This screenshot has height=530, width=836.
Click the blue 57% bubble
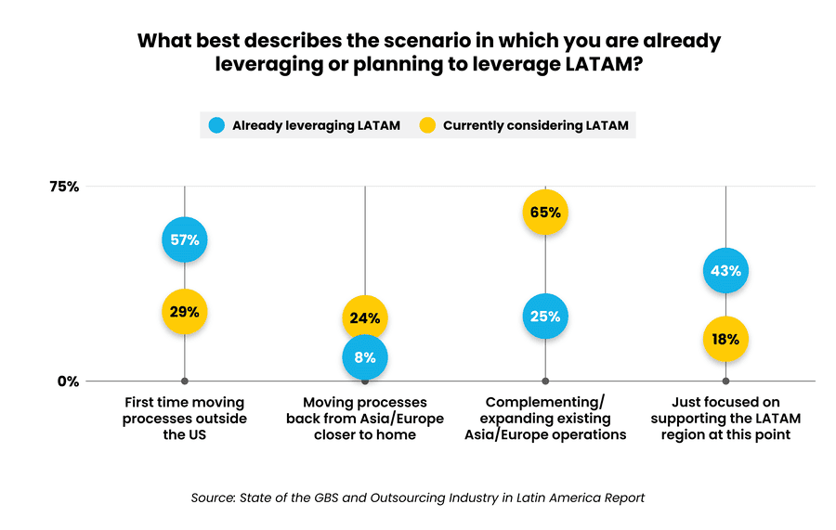pyautogui.click(x=184, y=240)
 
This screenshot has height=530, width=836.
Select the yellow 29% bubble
pyautogui.click(x=184, y=312)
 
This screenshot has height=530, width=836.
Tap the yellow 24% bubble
pyautogui.click(x=364, y=318)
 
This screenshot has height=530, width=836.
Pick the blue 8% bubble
pyautogui.click(x=364, y=357)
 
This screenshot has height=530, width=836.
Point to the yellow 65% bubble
pyautogui.click(x=545, y=212)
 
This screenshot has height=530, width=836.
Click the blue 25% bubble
pyautogui.click(x=545, y=317)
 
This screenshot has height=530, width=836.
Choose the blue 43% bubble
pyautogui.click(x=725, y=271)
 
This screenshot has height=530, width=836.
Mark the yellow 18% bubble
pyautogui.click(x=725, y=340)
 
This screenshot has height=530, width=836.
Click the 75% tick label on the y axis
pyautogui.click(x=64, y=187)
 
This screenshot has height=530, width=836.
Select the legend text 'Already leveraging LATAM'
pyautogui.click(x=316, y=125)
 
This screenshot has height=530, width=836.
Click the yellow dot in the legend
pyautogui.click(x=428, y=125)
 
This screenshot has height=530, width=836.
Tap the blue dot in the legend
pyautogui.click(x=216, y=125)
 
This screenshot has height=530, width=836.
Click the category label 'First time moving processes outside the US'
pyautogui.click(x=184, y=419)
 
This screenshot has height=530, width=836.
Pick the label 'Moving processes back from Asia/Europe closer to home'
pyautogui.click(x=364, y=419)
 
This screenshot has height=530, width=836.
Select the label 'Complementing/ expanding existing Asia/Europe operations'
pyautogui.click(x=545, y=419)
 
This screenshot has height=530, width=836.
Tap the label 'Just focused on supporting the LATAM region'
pyautogui.click(x=725, y=419)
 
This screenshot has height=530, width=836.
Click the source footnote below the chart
pyautogui.click(x=418, y=498)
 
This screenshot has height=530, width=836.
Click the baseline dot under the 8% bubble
pyautogui.click(x=365, y=381)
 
